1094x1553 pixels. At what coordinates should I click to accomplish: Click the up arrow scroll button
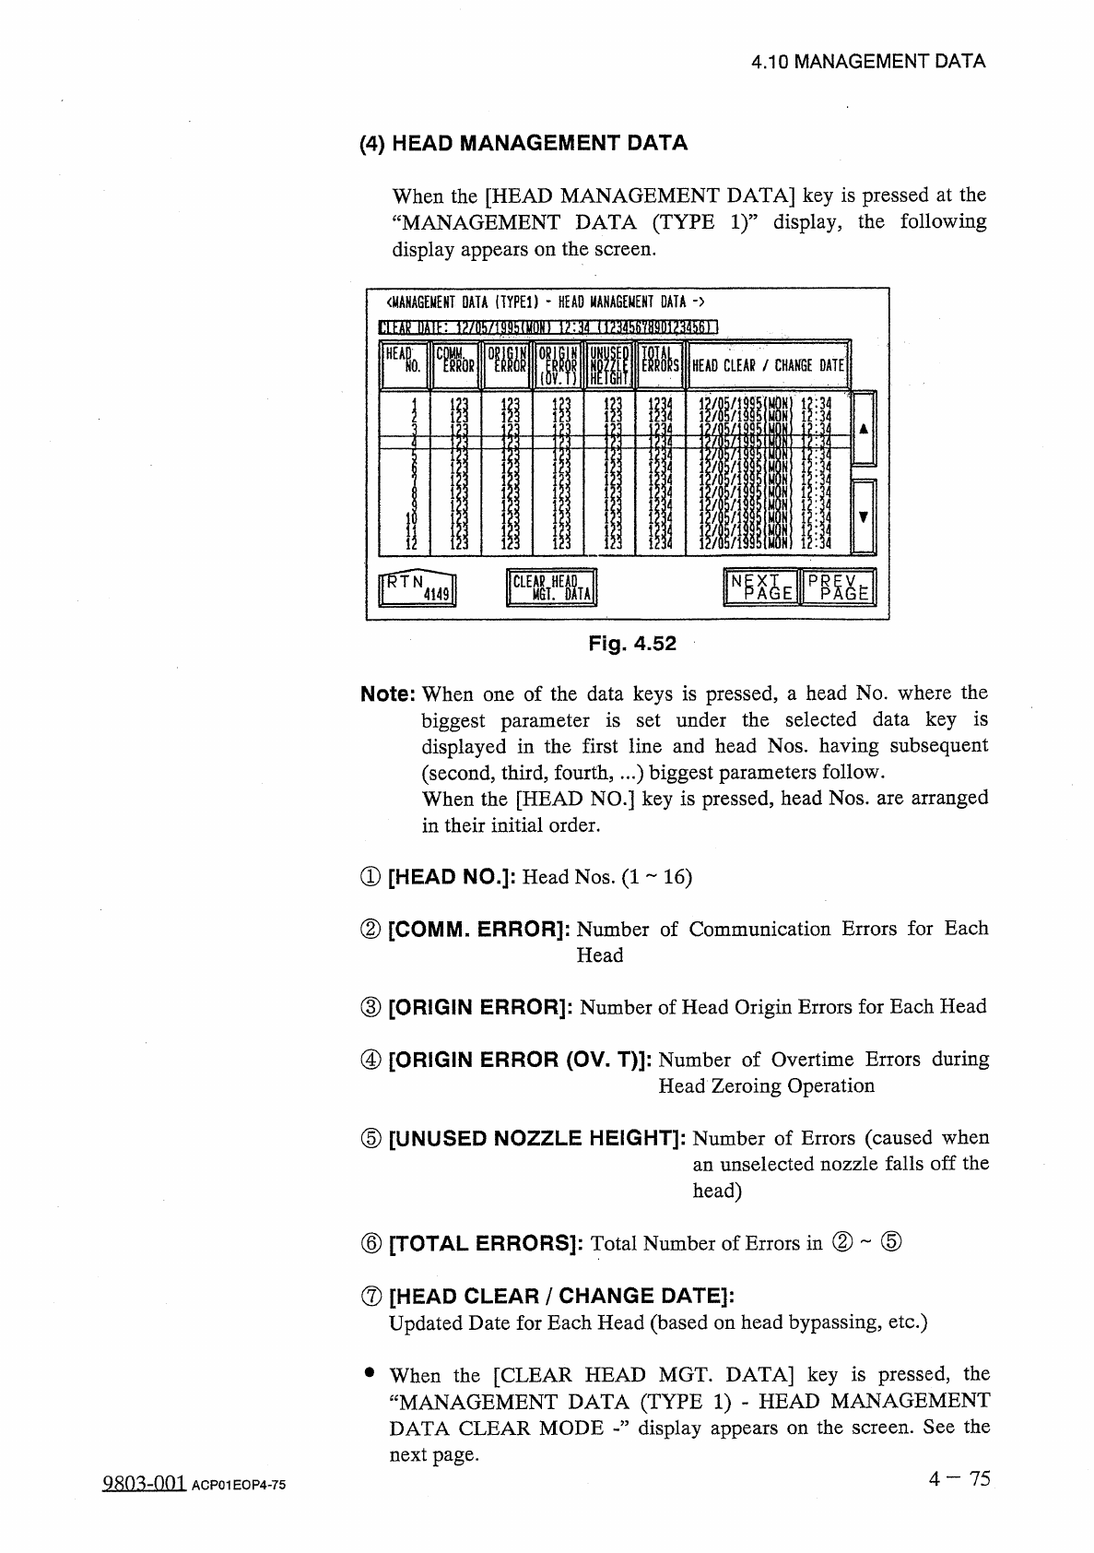(862, 429)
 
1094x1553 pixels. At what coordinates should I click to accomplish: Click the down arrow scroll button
(862, 516)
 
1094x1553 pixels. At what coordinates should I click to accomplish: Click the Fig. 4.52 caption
(631, 644)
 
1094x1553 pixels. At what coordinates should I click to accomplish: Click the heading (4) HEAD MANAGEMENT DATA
(523, 143)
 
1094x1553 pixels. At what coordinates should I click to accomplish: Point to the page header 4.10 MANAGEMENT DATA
(867, 62)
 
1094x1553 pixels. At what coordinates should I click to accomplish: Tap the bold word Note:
(388, 694)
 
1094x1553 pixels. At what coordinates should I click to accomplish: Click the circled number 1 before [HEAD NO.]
(371, 877)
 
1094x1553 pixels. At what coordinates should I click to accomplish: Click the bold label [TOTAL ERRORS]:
(486, 1243)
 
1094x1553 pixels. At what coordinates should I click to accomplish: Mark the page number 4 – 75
(959, 1479)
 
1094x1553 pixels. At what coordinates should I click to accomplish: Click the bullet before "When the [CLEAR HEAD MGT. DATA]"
(368, 1374)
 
